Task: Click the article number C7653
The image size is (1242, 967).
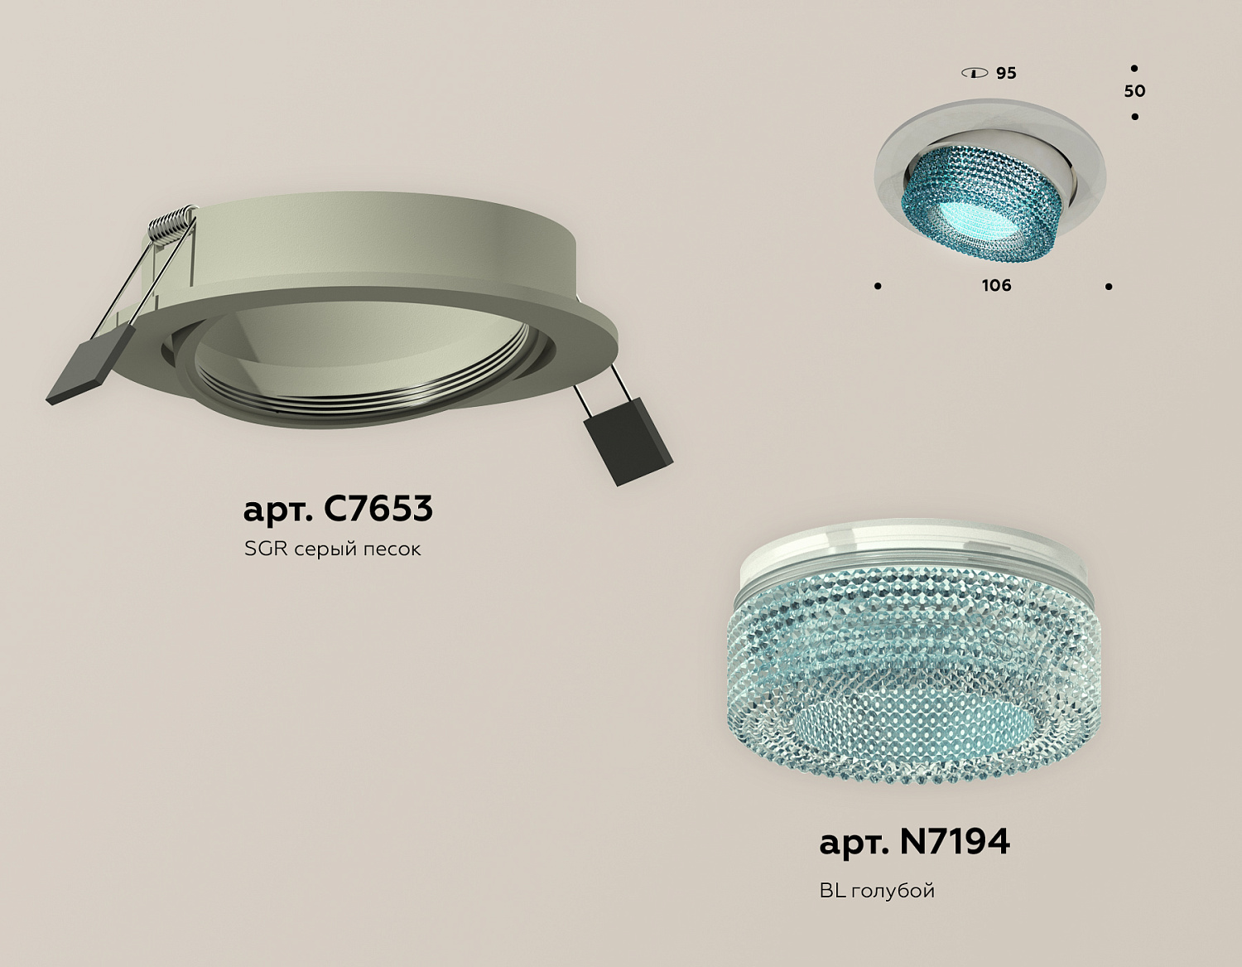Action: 378,508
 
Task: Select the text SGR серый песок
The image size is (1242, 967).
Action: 332,549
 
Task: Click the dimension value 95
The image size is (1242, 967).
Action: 1007,73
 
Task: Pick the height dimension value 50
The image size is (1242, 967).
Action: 1134,91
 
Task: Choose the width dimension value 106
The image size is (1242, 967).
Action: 997,285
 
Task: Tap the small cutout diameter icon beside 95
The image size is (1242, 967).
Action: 975,73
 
